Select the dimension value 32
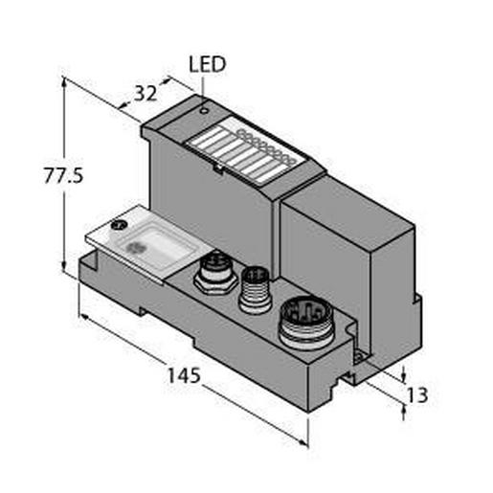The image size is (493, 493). click(146, 93)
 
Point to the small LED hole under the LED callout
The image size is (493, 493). click(204, 111)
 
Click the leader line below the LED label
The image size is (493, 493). click(203, 84)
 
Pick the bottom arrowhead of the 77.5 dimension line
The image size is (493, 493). click(65, 268)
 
